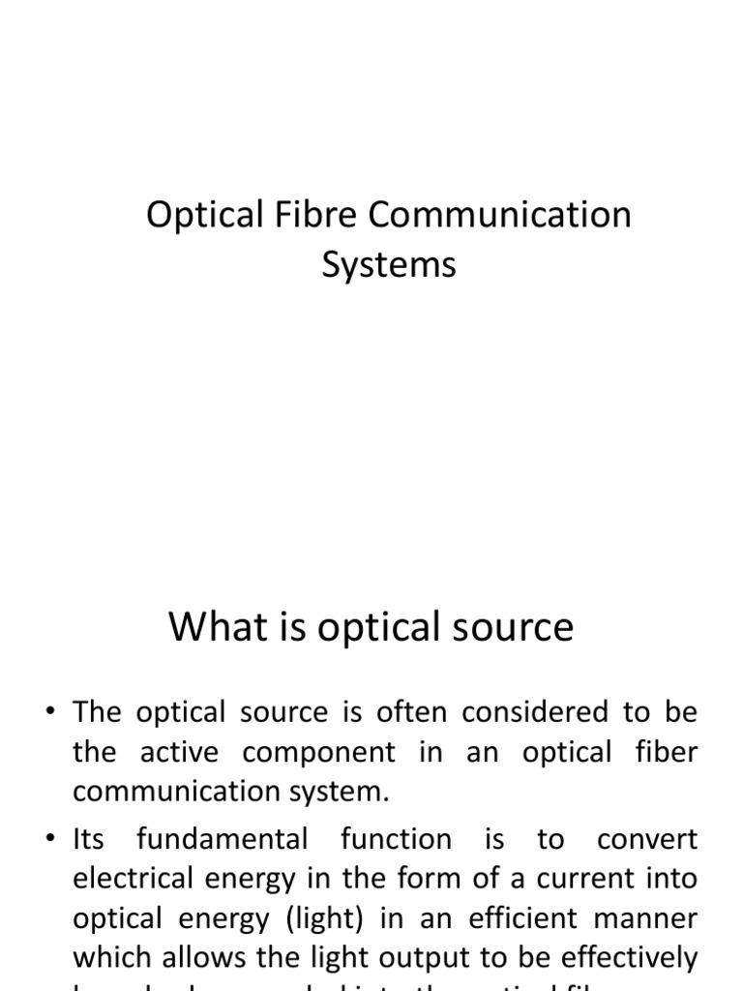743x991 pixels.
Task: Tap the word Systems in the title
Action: coord(388,264)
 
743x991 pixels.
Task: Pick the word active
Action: coord(182,752)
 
